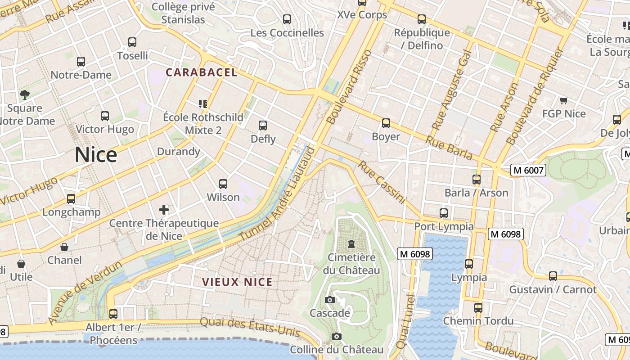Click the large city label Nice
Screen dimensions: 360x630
point(96,155)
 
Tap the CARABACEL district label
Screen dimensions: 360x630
point(201,72)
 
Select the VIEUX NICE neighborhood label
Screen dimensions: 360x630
point(237,282)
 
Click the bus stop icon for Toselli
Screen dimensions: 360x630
point(132,42)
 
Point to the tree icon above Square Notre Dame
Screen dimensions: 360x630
point(25,94)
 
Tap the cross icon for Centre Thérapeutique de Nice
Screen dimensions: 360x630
point(164,209)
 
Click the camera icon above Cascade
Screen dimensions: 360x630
point(330,300)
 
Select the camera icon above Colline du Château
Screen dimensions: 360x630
point(336,336)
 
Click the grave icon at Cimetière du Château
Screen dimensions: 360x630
point(351,244)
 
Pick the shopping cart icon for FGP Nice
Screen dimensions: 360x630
point(563,100)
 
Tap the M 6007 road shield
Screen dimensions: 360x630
point(528,170)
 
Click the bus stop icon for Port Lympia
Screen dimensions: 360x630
point(444,213)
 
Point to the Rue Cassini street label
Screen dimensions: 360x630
point(382,182)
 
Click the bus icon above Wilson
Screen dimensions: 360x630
point(223,184)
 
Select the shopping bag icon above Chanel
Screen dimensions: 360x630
point(65,247)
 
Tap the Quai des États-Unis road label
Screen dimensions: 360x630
point(250,327)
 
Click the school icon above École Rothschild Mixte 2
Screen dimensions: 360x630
point(203,104)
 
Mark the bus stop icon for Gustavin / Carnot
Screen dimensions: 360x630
point(553,276)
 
